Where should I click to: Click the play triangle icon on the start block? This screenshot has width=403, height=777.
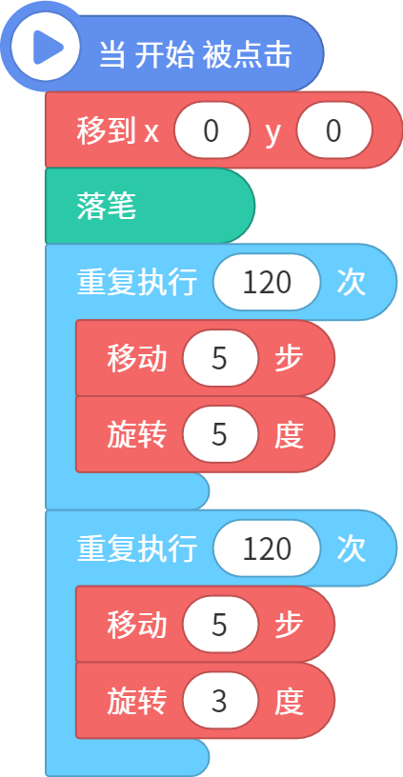pyautogui.click(x=47, y=48)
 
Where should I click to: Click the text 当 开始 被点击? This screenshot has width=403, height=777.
pyautogui.click(x=195, y=54)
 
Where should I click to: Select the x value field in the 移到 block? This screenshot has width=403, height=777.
pyautogui.click(x=212, y=130)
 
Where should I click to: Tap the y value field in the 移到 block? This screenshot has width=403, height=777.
pyautogui.click(x=334, y=130)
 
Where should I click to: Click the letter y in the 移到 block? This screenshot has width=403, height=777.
pyautogui.click(x=272, y=133)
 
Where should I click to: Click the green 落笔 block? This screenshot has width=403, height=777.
pyautogui.click(x=150, y=206)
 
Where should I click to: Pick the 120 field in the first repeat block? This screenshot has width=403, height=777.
pyautogui.click(x=267, y=283)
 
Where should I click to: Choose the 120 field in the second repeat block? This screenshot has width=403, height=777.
pyautogui.click(x=267, y=548)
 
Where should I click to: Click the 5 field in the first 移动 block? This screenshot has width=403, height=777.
pyautogui.click(x=220, y=358)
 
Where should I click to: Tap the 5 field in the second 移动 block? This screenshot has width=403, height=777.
pyautogui.click(x=220, y=625)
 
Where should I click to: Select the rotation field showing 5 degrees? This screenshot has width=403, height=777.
pyautogui.click(x=220, y=434)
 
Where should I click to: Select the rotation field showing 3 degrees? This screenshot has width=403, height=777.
pyautogui.click(x=220, y=701)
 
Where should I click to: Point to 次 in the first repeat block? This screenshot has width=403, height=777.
pyautogui.click(x=351, y=283)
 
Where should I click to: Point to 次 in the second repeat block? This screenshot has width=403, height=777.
pyautogui.click(x=351, y=549)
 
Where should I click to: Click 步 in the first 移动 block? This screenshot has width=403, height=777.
pyautogui.click(x=289, y=359)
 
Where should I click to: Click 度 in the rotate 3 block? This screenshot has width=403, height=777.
pyautogui.click(x=289, y=701)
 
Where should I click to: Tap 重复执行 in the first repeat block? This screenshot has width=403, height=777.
pyautogui.click(x=137, y=283)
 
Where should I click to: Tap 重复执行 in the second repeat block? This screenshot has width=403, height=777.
pyautogui.click(x=137, y=549)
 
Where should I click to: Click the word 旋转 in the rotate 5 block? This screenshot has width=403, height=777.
pyautogui.click(x=137, y=435)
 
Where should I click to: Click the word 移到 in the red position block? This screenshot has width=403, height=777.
pyautogui.click(x=106, y=130)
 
